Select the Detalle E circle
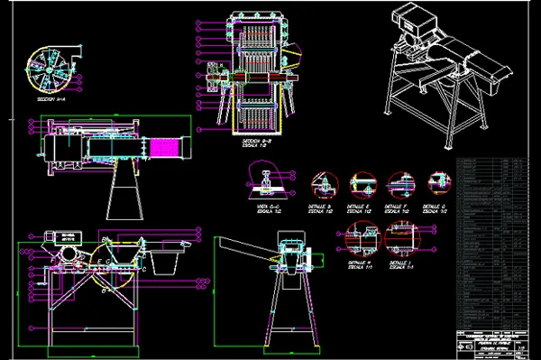click(x=362, y=184)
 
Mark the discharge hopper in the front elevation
click(x=162, y=262)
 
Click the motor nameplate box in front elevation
click(x=66, y=237)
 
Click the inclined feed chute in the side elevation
click(x=248, y=247)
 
